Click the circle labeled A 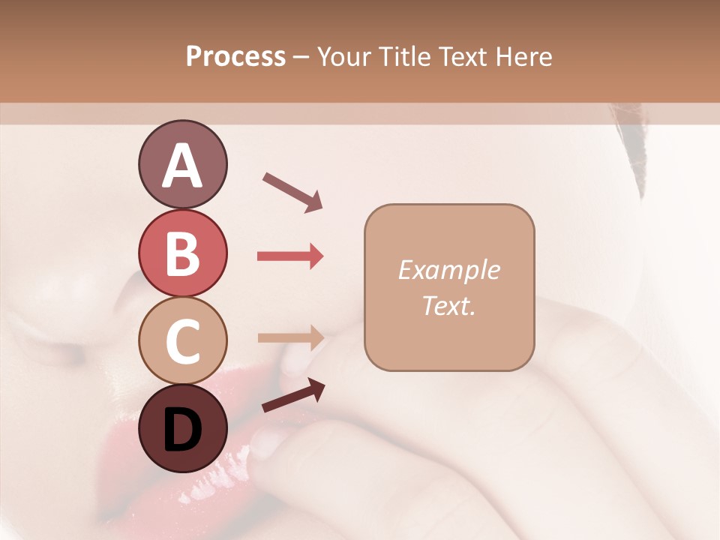182,164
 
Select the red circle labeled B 182,253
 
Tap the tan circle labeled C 182,340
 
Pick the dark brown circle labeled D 182,428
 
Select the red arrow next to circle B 290,256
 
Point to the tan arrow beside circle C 290,337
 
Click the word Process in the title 235,57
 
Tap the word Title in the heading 403,57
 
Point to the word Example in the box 448,270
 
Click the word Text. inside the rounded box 448,306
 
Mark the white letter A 182,166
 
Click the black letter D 182,430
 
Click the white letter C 182,341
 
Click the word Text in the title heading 465,57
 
